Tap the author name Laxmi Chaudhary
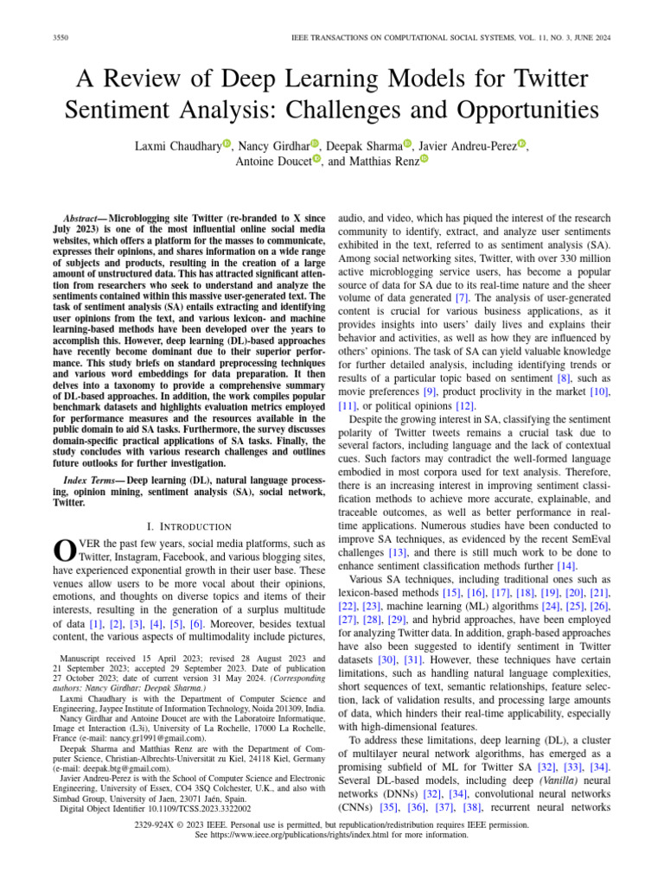click(177, 145)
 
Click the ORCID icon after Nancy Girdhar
click(315, 143)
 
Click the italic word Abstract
click(85, 220)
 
